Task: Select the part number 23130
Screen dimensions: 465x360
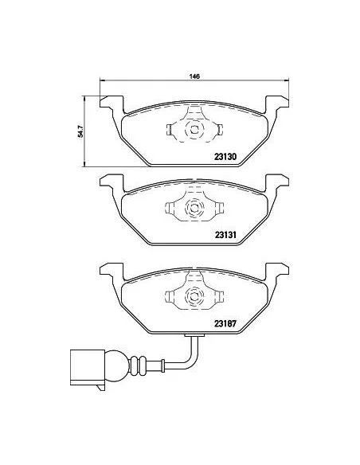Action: pos(228,156)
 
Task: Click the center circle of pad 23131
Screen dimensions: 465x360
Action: pos(192,209)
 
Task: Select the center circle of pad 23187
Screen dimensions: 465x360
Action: pos(192,298)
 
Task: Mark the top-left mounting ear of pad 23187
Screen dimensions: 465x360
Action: pos(111,272)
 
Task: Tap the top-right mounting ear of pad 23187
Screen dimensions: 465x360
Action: pos(274,272)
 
